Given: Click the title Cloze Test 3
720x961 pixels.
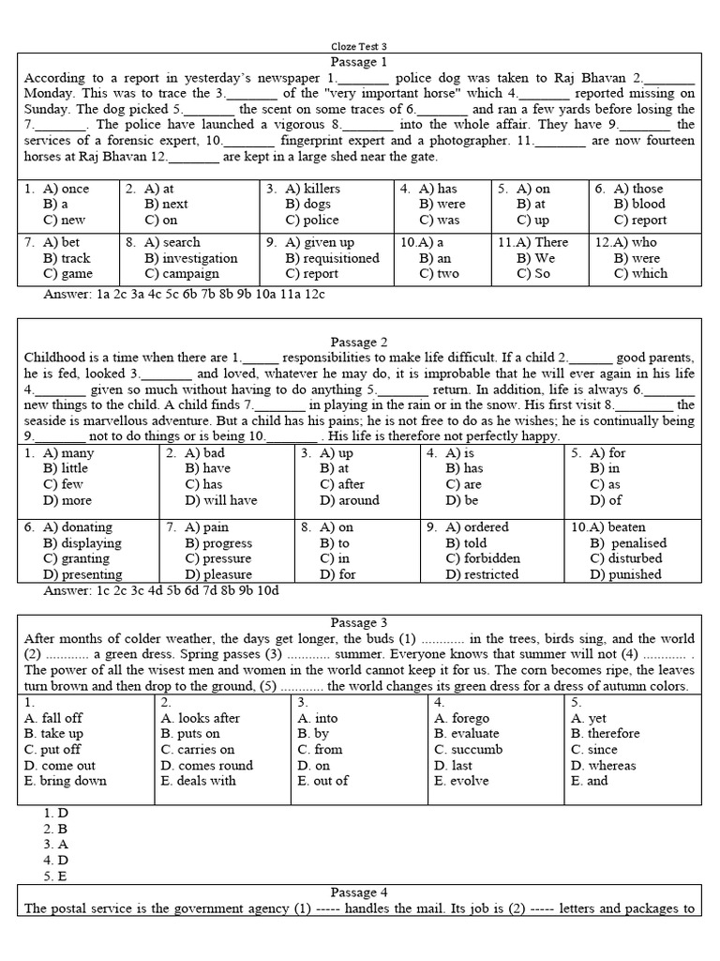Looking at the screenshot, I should (359, 45).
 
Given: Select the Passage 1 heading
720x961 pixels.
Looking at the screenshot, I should (358, 61).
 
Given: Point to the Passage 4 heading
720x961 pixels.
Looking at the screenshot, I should (358, 892).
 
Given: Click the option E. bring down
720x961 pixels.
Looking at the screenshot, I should (66, 781).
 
